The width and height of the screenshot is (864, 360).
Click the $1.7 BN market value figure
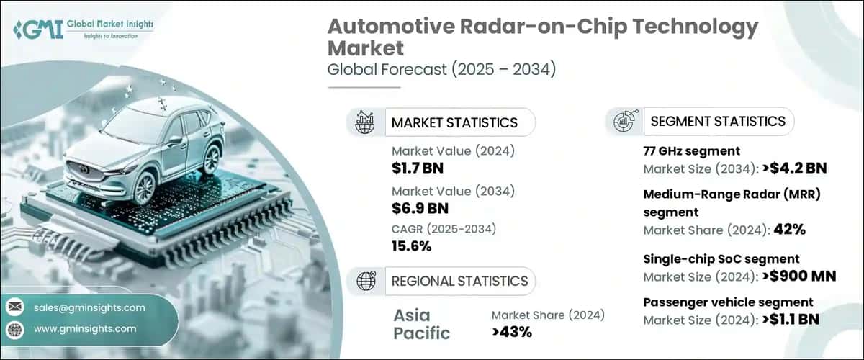click(x=417, y=168)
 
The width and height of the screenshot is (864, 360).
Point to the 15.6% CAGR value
click(x=412, y=246)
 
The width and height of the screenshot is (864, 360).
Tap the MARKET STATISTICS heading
click(x=454, y=122)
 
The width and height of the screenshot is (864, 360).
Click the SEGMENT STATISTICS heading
click(x=717, y=121)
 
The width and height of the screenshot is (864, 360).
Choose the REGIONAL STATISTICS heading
click(x=459, y=281)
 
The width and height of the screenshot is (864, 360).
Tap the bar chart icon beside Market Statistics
click(x=364, y=122)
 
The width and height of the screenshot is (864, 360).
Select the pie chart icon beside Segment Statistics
click(x=624, y=121)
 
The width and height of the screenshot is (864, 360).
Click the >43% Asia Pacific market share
click(x=511, y=332)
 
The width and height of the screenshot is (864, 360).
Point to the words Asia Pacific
click(x=421, y=324)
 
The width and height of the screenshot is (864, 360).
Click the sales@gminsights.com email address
click(x=89, y=307)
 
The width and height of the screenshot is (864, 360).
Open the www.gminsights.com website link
click(x=85, y=328)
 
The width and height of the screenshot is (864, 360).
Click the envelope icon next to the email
click(x=15, y=307)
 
